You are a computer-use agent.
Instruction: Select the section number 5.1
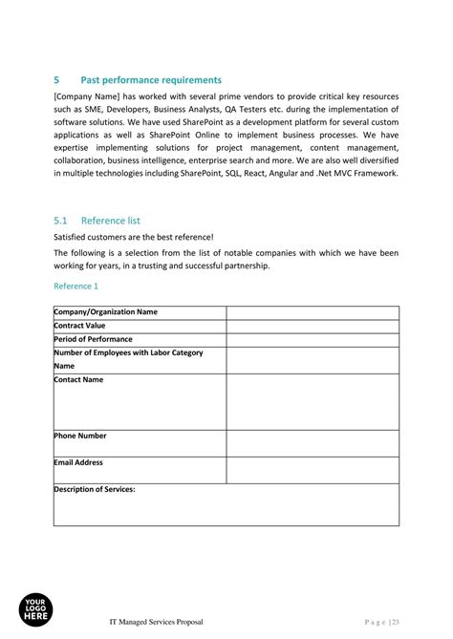[60, 220]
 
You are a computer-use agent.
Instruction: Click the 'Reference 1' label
[75, 286]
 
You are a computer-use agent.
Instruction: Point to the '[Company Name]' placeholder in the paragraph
[88, 97]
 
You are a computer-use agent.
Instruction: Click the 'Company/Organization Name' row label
[106, 312]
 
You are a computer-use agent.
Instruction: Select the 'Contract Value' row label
[79, 326]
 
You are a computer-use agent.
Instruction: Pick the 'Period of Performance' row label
[93, 339]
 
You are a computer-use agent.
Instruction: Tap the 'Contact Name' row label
[78, 380]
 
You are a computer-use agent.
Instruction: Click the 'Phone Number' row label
[80, 436]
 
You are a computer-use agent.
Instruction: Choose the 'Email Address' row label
[78, 462]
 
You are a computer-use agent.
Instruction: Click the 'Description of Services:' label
[95, 489]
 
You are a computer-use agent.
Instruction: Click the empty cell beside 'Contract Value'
[312, 326]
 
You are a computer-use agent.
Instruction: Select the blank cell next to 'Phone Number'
[312, 443]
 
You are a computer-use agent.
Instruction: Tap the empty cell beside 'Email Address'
[312, 470]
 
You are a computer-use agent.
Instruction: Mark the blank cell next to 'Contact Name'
[312, 401]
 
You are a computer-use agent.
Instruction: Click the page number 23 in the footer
[394, 622]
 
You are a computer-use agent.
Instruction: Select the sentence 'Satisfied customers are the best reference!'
[134, 237]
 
